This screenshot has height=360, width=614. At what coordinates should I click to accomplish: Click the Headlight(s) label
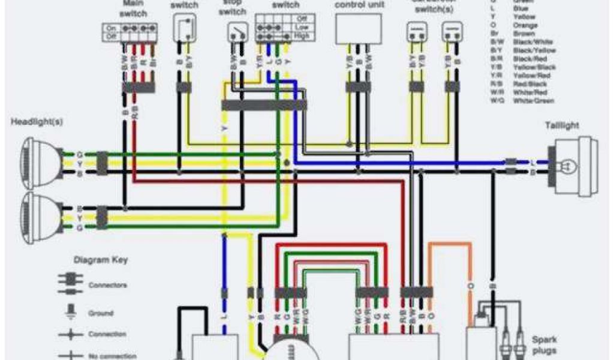36,122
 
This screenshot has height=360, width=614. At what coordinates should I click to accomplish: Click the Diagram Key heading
100,260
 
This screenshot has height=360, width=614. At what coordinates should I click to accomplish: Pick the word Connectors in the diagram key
108,285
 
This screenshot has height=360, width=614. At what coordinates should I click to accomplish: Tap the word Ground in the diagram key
101,313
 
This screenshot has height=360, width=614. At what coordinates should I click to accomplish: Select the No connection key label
112,356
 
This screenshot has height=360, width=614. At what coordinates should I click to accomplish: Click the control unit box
359,29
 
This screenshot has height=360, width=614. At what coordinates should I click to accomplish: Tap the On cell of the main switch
110,28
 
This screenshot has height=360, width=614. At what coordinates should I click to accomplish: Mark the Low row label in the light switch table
302,28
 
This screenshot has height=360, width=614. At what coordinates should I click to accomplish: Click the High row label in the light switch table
302,36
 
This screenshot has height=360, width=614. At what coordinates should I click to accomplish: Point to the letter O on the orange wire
470,286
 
